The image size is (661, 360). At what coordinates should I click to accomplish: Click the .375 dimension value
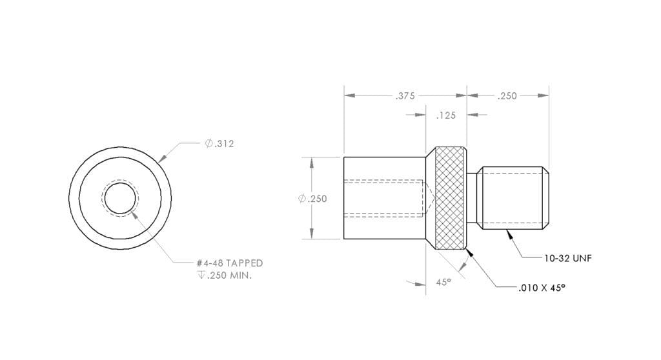tap(405, 96)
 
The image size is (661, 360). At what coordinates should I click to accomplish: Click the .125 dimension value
tap(445, 116)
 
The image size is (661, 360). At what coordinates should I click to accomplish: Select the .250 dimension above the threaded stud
tap(507, 96)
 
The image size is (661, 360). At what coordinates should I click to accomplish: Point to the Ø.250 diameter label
tap(313, 199)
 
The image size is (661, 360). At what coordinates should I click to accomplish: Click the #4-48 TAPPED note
tap(229, 263)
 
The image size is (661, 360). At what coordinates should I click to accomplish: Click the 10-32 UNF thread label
tap(567, 258)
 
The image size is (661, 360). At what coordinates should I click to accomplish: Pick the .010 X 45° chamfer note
tap(542, 288)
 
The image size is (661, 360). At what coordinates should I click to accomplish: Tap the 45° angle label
tap(443, 282)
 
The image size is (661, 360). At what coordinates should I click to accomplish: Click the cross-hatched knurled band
tap(451, 199)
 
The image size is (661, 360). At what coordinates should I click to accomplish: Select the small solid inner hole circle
tap(119, 198)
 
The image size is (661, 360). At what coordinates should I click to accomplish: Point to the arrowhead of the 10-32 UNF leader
tap(509, 233)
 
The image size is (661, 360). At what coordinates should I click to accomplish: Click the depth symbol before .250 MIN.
tap(201, 275)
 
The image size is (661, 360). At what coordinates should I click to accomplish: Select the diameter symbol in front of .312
tap(208, 143)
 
